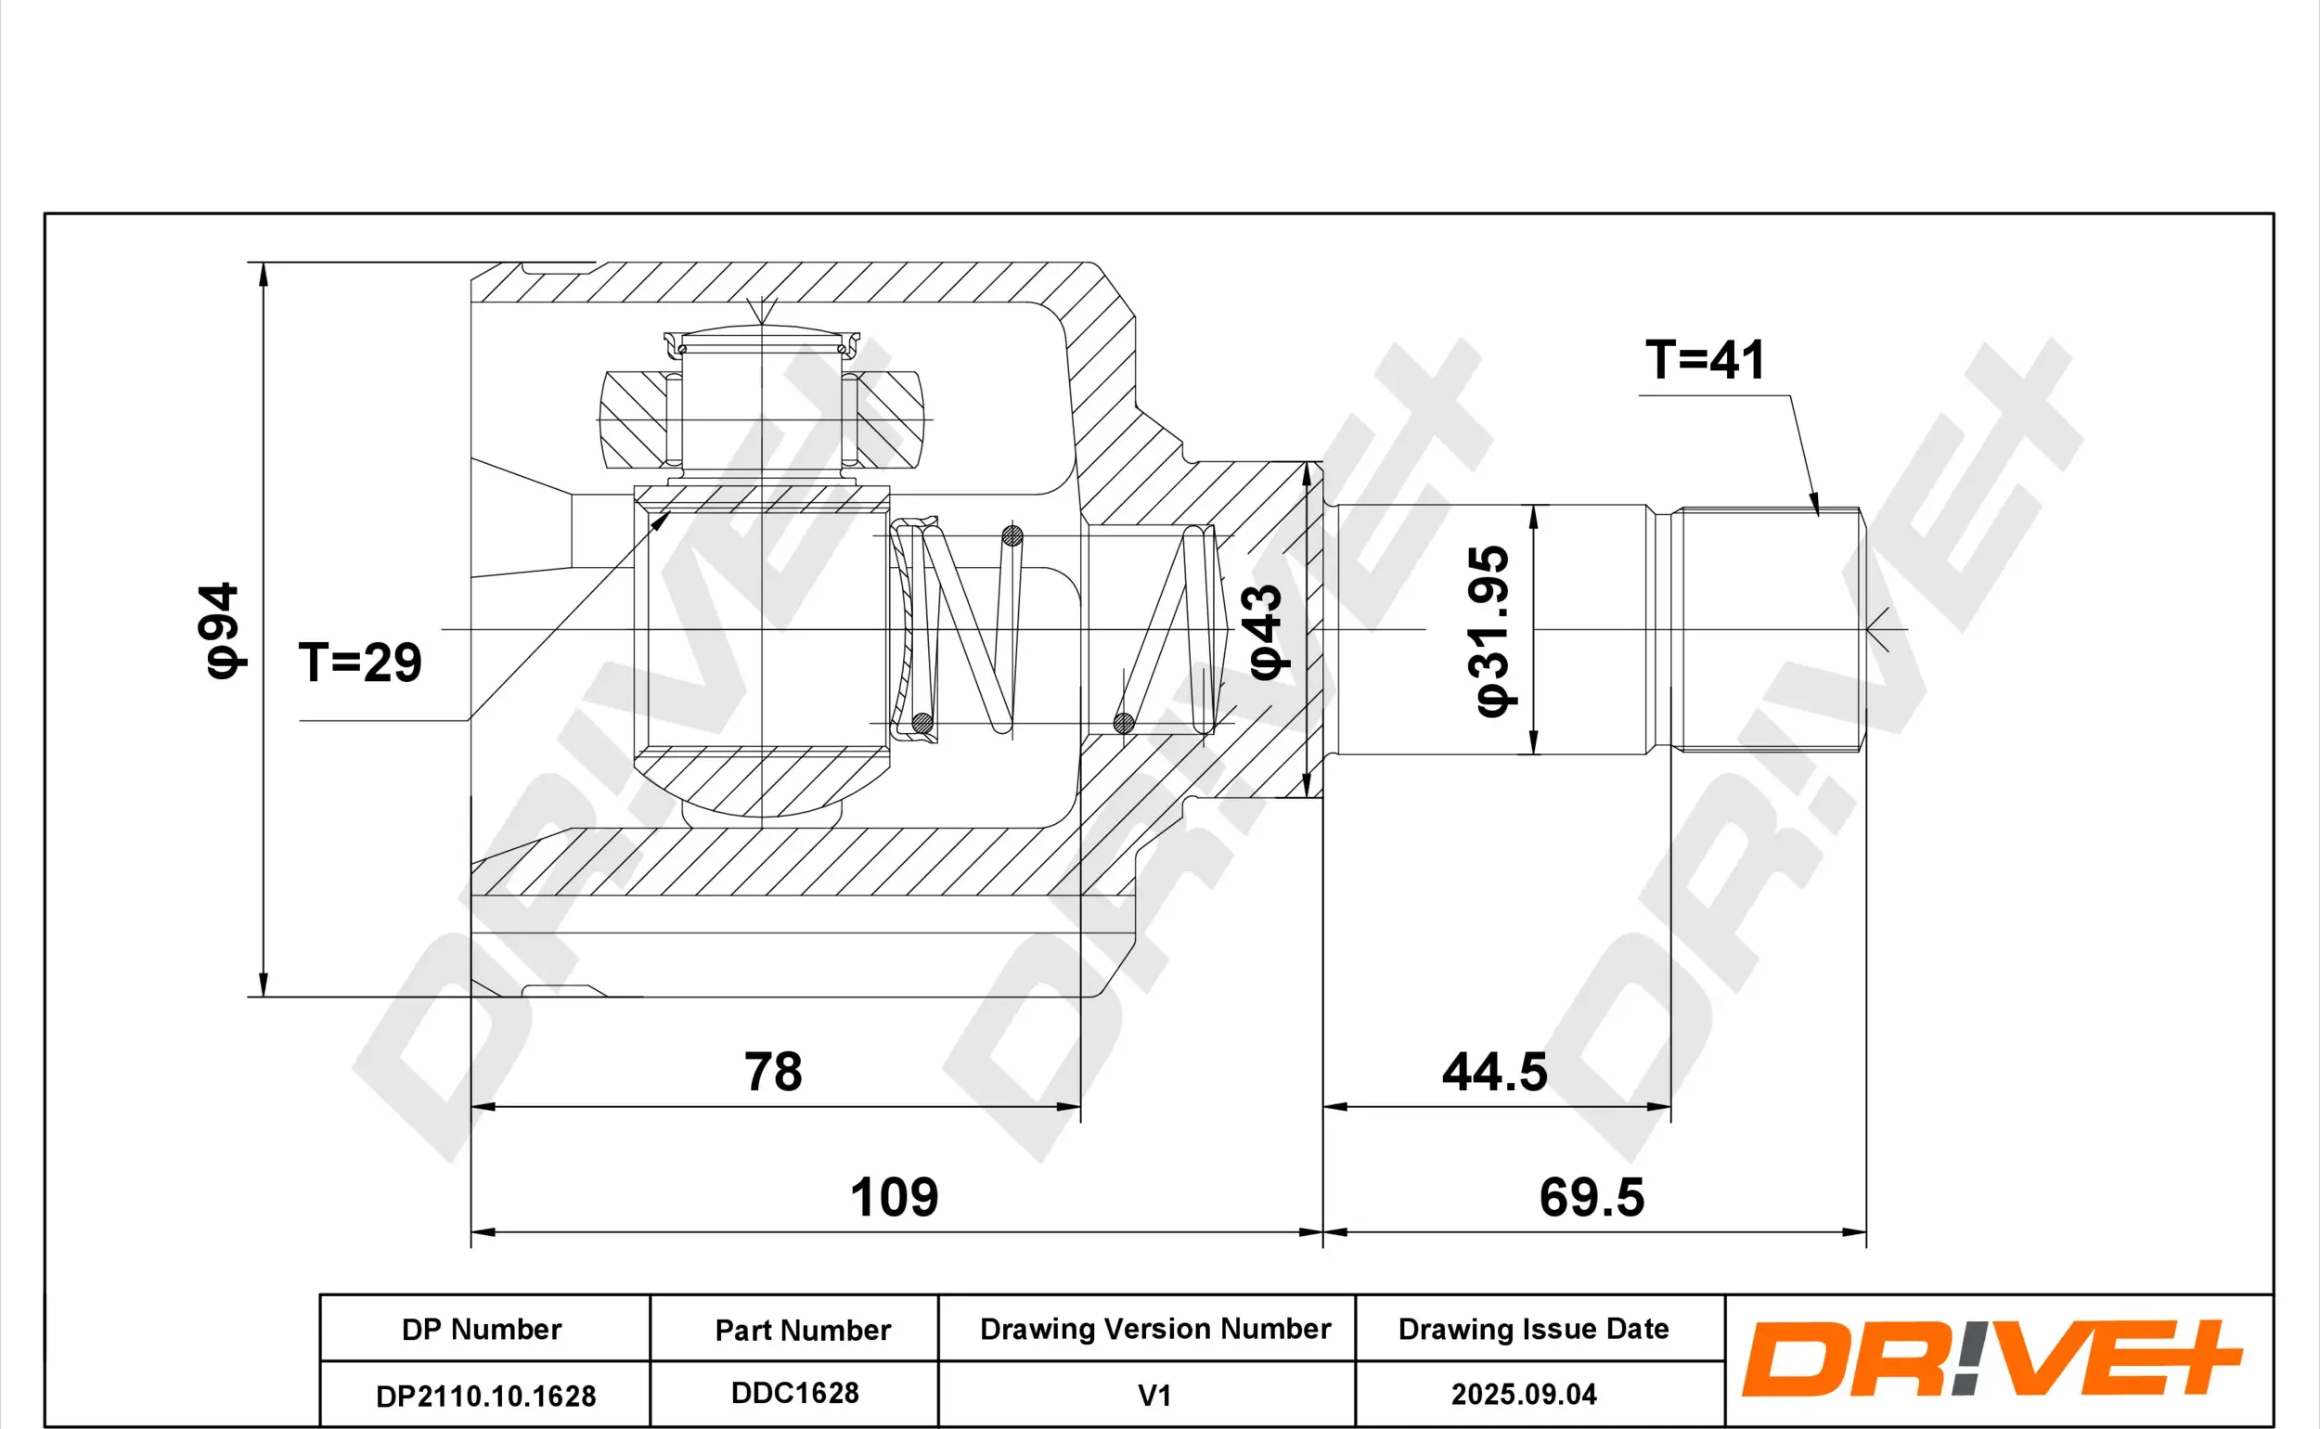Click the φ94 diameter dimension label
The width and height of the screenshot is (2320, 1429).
pos(224,629)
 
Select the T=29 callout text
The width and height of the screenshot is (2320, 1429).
pos(360,663)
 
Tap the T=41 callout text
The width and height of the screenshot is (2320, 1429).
pos(1704,359)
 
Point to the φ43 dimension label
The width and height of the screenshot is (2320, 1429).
pos(1267,631)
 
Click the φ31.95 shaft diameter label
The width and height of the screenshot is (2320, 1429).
pos(1489,631)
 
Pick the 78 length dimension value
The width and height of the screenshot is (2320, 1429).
pos(773,1072)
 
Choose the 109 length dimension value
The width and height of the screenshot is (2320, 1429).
pos(894,1197)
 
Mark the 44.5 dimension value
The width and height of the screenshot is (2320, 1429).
pos(1495,1072)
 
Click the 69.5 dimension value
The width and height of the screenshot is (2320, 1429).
pos(1592,1197)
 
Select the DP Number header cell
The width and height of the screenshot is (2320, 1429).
pos(482,1330)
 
